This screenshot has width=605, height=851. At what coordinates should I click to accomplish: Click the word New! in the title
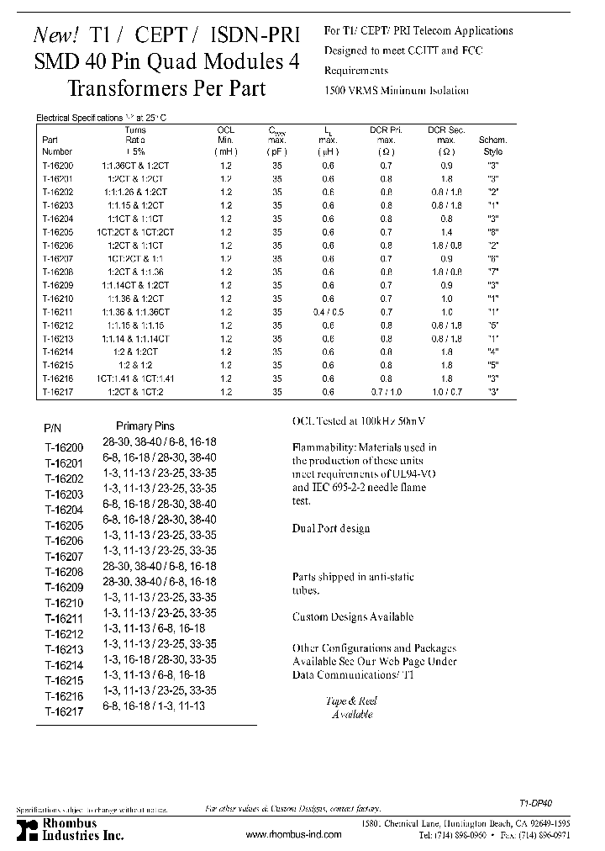[x=56, y=34]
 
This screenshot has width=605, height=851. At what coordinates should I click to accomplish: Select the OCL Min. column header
[x=226, y=140]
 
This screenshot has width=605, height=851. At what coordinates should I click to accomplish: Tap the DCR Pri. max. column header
[x=386, y=140]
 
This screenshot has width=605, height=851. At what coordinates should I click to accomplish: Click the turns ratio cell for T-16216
[x=135, y=379]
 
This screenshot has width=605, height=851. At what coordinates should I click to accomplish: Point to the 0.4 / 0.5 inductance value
[x=328, y=312]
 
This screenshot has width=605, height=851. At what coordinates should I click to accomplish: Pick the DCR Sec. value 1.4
[x=446, y=231]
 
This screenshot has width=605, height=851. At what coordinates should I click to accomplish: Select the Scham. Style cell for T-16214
[x=491, y=352]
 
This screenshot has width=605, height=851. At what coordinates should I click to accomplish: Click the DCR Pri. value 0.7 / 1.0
[x=386, y=393]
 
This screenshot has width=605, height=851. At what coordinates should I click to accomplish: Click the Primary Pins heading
[x=145, y=426]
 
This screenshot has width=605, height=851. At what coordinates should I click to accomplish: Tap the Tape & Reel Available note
[x=351, y=707]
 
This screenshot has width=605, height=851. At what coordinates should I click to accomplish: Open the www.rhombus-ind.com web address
[x=294, y=834]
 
